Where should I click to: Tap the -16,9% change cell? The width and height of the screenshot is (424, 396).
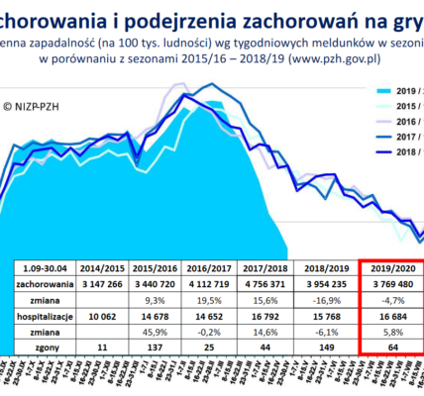tap(332, 298)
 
